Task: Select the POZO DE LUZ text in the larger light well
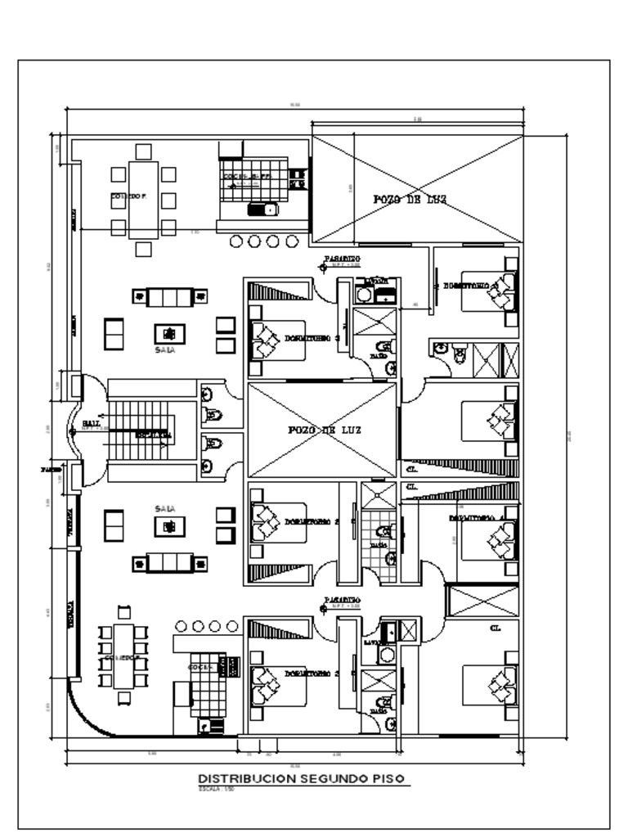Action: click(410, 199)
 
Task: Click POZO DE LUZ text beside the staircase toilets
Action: click(321, 430)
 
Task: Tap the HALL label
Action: click(91, 423)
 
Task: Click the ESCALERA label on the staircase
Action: click(153, 435)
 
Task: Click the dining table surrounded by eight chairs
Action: click(143, 199)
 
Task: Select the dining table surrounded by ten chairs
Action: click(123, 656)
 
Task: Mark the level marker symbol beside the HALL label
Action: click(73, 430)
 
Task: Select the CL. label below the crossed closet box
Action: click(495, 628)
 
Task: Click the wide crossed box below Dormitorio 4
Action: click(482, 601)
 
